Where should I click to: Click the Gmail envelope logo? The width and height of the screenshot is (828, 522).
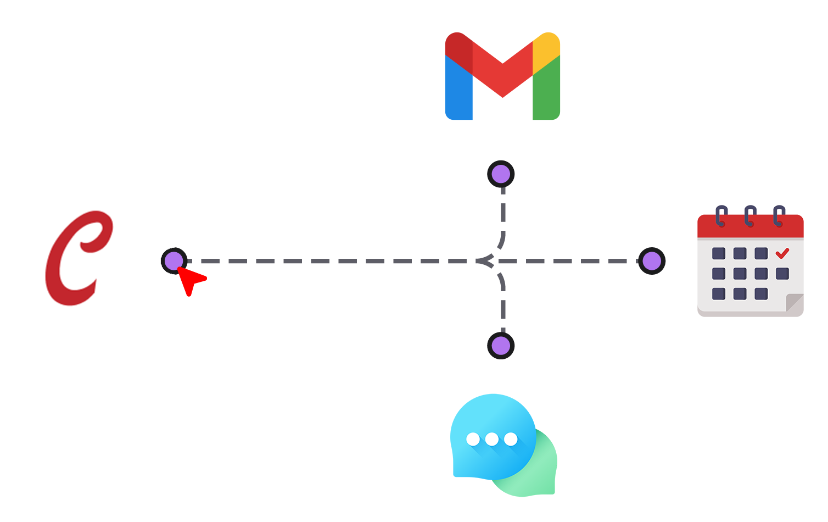click(x=502, y=76)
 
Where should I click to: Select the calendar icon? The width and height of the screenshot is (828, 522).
click(x=751, y=261)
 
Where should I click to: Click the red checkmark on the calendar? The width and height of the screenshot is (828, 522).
click(x=782, y=253)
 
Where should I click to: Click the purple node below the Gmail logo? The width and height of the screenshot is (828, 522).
click(x=501, y=174)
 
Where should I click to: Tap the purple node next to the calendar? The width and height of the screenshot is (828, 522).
click(x=652, y=261)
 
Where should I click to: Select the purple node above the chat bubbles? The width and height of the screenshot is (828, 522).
click(x=501, y=346)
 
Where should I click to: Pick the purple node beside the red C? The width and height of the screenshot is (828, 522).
click(x=174, y=261)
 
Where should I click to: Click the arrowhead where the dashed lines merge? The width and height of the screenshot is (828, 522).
click(x=484, y=261)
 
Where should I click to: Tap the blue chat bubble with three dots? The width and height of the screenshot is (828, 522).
click(x=493, y=437)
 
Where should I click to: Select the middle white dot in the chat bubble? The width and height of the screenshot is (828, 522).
click(x=491, y=439)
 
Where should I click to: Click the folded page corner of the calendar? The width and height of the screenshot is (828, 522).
click(x=794, y=303)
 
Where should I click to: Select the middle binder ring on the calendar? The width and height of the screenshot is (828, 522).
click(x=750, y=216)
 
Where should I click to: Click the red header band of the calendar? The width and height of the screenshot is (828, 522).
click(x=751, y=226)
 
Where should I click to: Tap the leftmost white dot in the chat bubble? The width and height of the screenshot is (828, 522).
click(x=473, y=439)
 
